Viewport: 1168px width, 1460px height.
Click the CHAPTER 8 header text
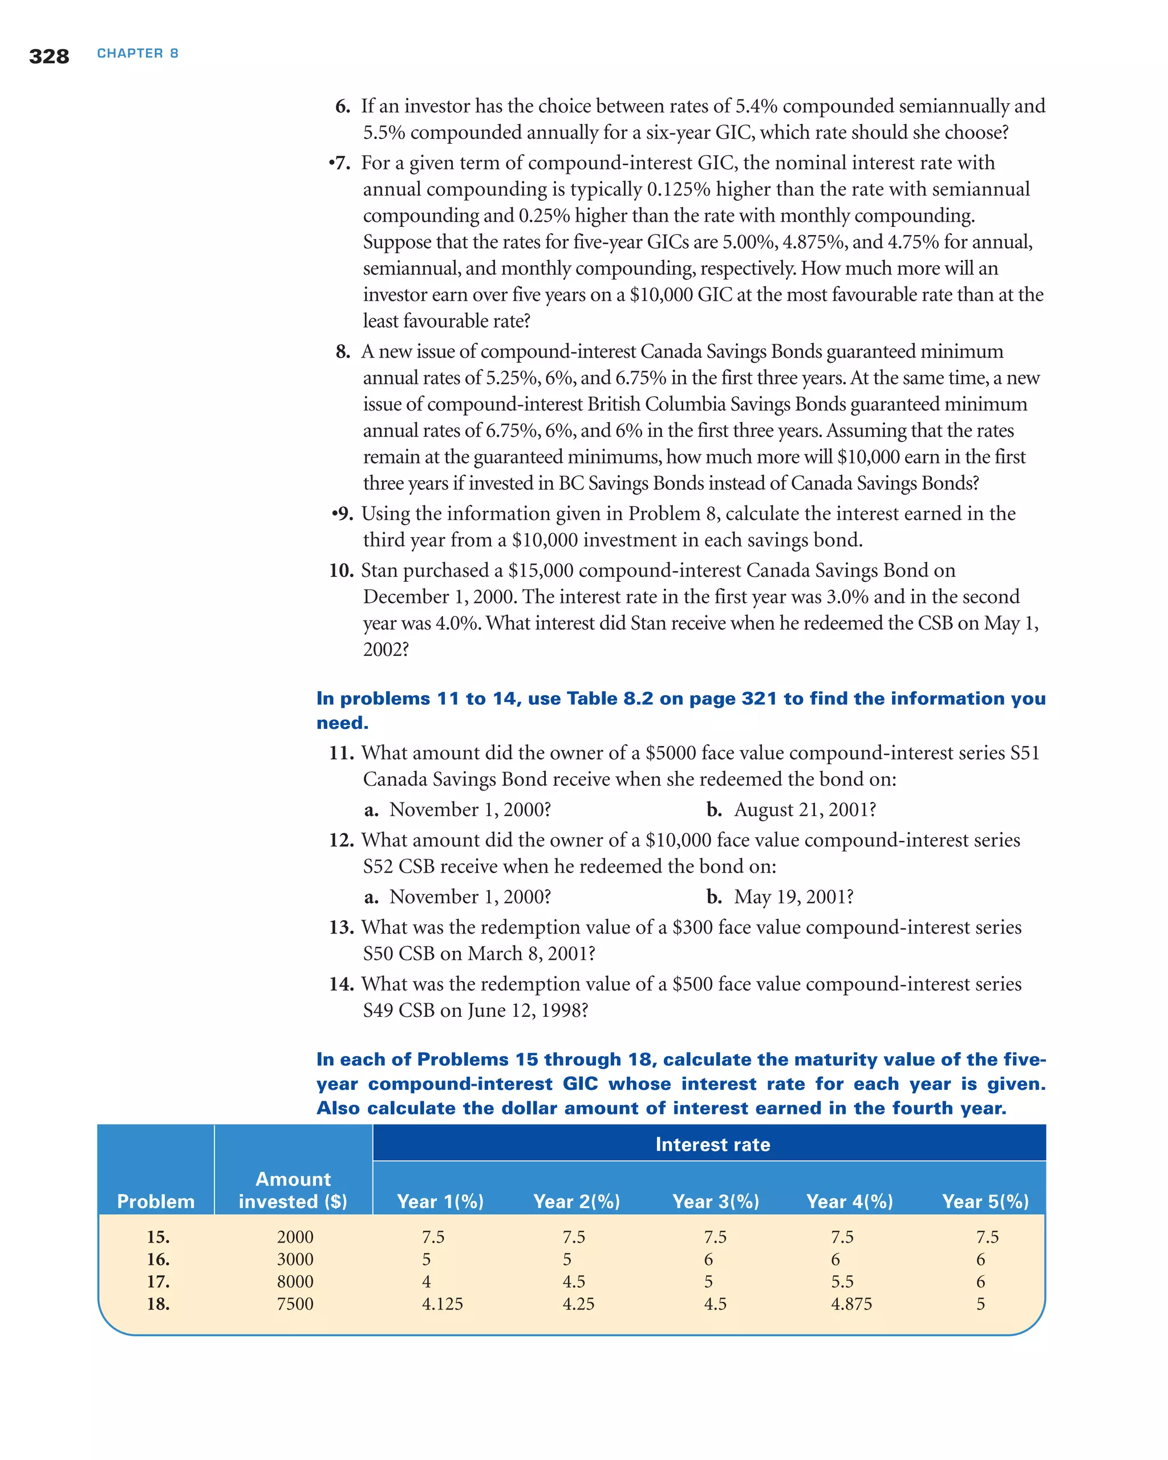[137, 54]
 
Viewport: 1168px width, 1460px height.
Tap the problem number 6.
[343, 106]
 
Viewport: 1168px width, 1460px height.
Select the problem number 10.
[341, 571]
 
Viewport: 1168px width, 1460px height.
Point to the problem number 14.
[341, 984]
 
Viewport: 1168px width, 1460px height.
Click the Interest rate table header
[712, 1145]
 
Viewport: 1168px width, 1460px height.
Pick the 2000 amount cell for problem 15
[295, 1237]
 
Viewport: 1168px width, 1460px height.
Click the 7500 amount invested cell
[295, 1304]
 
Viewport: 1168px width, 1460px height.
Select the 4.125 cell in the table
[442, 1304]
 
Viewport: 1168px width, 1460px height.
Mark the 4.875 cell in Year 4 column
[851, 1304]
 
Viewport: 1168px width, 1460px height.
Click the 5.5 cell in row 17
[842, 1282]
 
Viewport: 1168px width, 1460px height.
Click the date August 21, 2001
[804, 810]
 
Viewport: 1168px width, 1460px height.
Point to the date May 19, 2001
[793, 897]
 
